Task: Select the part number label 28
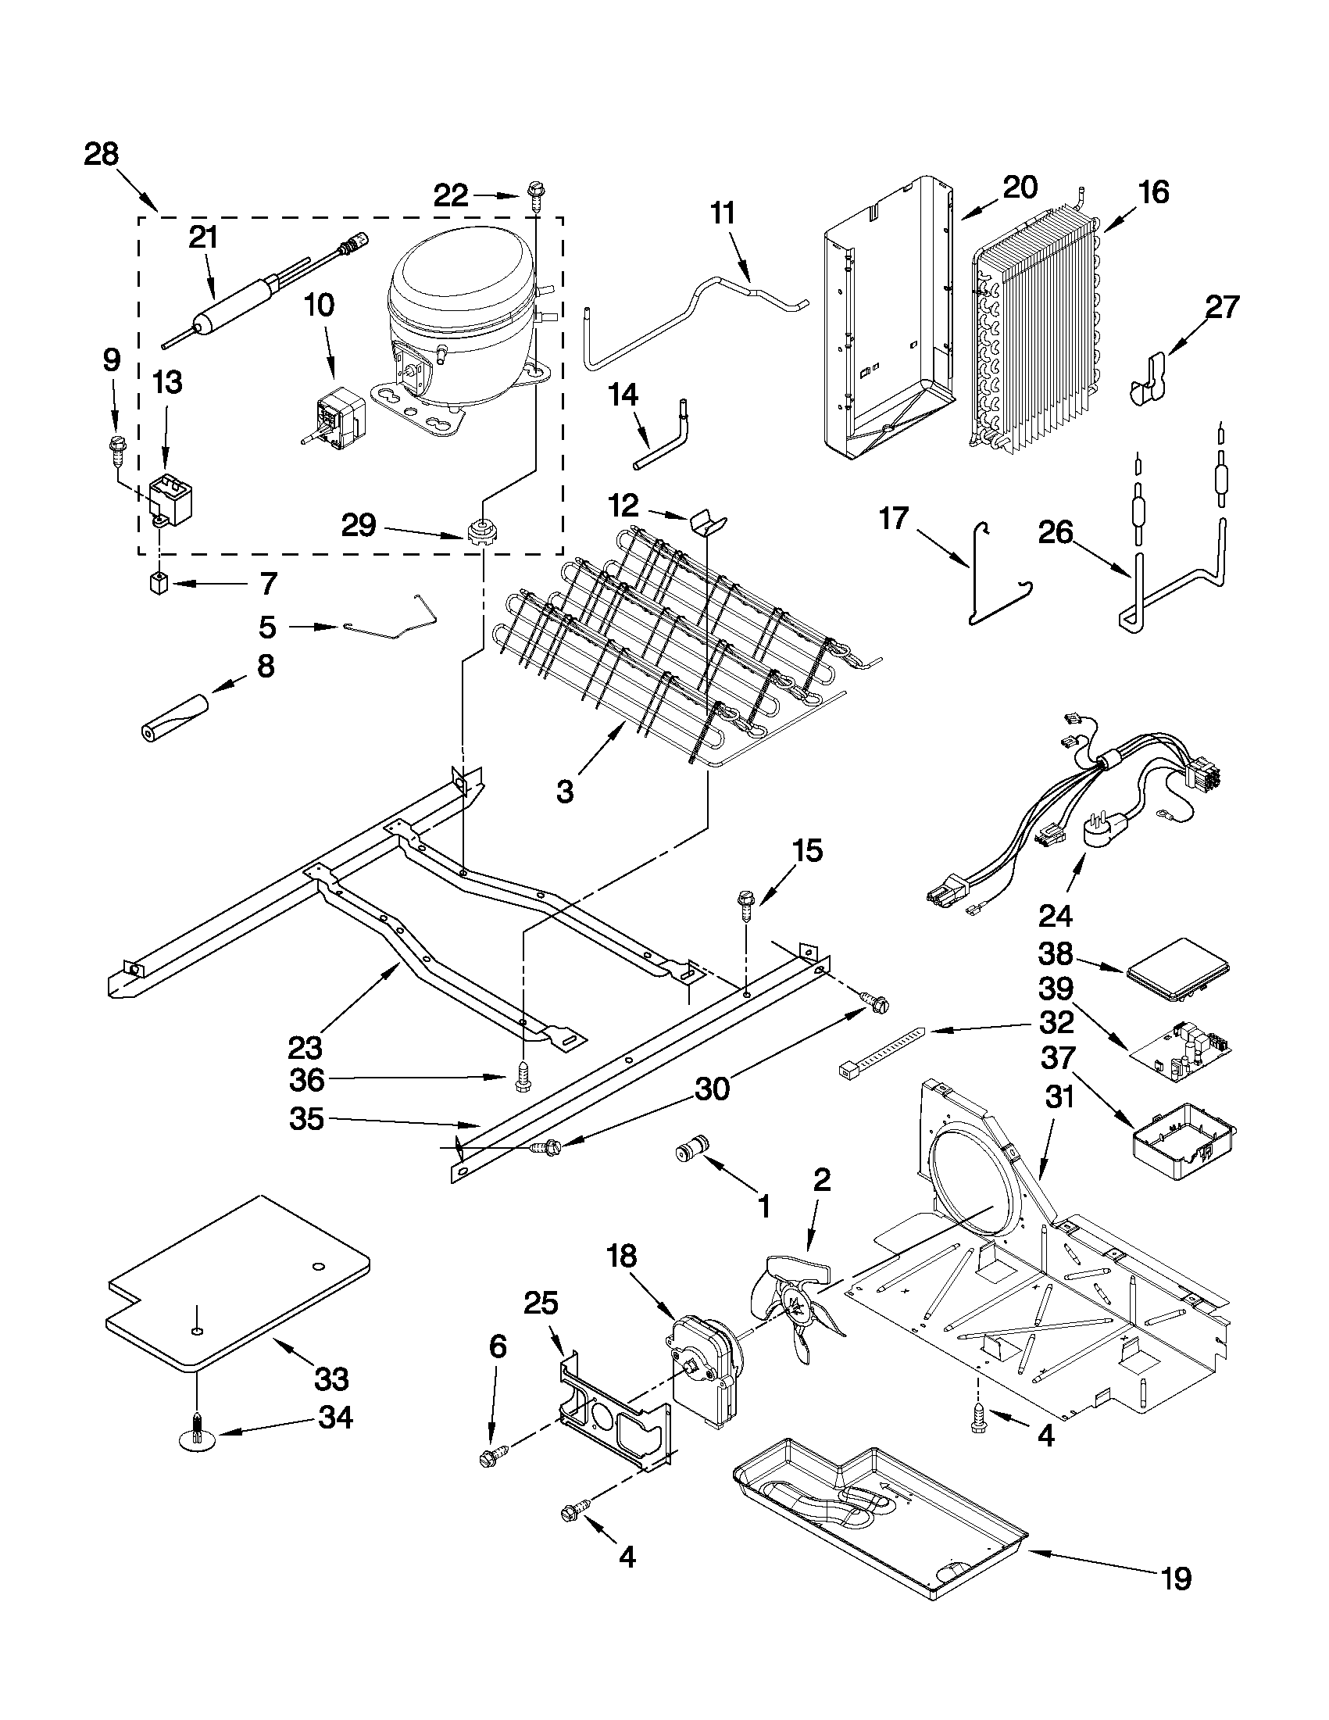coord(102,154)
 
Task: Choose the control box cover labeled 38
coord(1177,969)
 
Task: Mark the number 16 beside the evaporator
coord(1153,191)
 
